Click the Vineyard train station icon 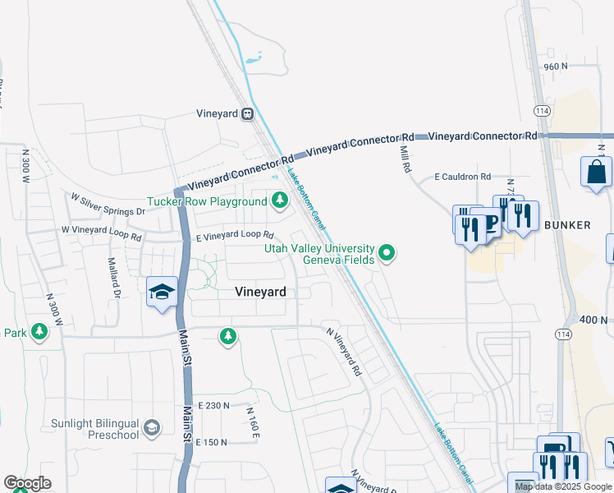[247, 115]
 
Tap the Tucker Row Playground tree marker [280, 200]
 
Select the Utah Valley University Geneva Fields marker [387, 254]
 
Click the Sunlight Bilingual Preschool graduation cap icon [152, 427]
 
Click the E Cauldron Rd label [462, 177]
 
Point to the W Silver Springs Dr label [107, 205]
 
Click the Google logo [27, 483]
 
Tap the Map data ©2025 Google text [563, 486]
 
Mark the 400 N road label [593, 319]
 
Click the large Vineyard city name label [260, 292]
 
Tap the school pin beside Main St [162, 292]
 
